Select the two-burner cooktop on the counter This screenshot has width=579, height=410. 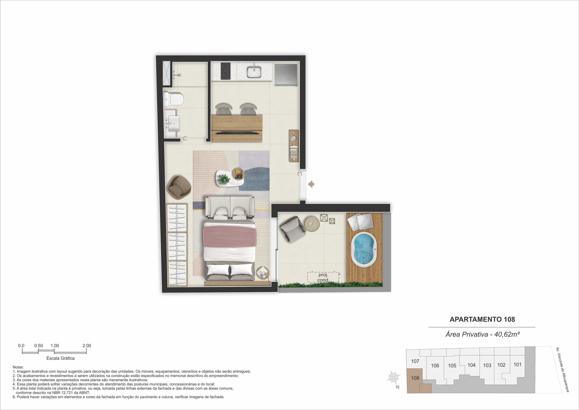(x=226, y=71)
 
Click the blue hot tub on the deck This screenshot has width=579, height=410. (x=364, y=250)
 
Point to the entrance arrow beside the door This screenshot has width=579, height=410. (x=311, y=184)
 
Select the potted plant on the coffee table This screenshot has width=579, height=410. (x=224, y=179)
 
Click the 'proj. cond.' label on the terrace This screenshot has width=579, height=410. (x=323, y=277)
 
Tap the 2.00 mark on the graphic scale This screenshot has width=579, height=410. (x=87, y=345)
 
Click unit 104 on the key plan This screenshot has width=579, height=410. (x=471, y=365)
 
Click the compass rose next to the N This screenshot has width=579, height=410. (x=393, y=377)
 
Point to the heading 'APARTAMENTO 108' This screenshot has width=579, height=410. (x=482, y=319)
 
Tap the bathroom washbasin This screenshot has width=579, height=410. (x=174, y=124)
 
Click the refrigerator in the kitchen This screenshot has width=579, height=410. (x=286, y=75)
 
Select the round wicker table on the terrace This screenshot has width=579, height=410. (x=312, y=224)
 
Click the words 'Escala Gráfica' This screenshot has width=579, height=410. (x=61, y=358)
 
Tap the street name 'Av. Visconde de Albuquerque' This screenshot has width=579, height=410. (x=562, y=370)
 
